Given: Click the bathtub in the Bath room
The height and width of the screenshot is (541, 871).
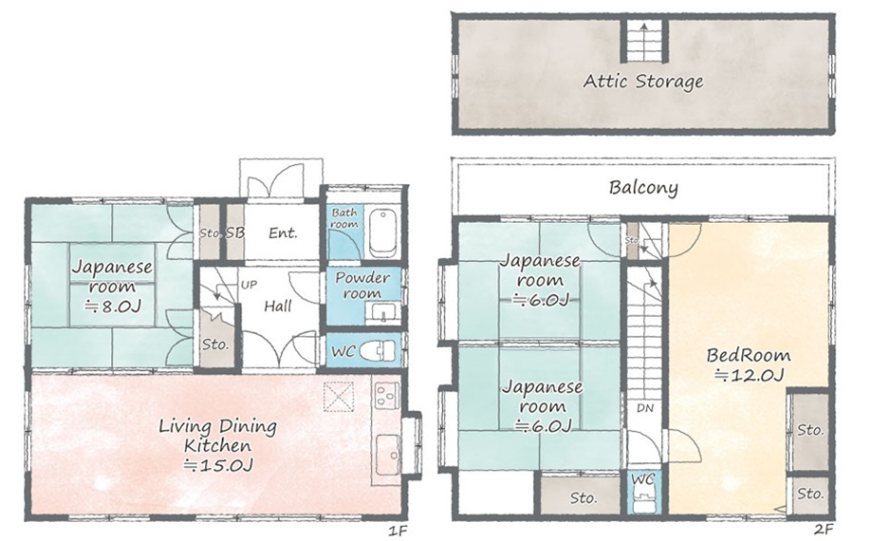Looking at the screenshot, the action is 382,233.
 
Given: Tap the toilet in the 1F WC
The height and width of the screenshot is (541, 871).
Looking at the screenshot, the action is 378,351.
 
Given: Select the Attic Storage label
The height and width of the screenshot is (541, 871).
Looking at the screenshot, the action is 643,82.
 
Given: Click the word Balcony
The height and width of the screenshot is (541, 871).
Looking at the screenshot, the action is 643,188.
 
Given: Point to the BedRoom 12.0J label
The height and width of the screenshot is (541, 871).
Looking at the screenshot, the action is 749,364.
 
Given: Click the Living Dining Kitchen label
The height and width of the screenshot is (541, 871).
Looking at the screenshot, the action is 218,445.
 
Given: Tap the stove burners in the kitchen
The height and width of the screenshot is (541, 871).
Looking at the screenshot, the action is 384,395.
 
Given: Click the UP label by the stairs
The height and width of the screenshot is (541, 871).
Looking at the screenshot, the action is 249,285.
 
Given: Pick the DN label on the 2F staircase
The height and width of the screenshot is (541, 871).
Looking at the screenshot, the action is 645,408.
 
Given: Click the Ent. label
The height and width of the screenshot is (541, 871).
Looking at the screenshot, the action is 284,233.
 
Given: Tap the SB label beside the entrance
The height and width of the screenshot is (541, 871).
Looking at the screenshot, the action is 235,233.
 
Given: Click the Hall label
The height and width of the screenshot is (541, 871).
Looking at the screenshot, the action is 278,306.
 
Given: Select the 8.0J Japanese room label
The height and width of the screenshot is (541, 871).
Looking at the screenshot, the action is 112,286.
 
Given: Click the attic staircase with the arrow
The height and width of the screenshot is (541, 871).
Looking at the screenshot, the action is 644,41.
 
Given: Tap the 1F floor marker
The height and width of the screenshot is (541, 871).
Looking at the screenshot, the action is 398,531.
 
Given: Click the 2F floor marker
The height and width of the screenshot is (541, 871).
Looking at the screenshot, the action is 825,530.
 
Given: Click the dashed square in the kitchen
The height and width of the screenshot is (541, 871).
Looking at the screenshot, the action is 339,397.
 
